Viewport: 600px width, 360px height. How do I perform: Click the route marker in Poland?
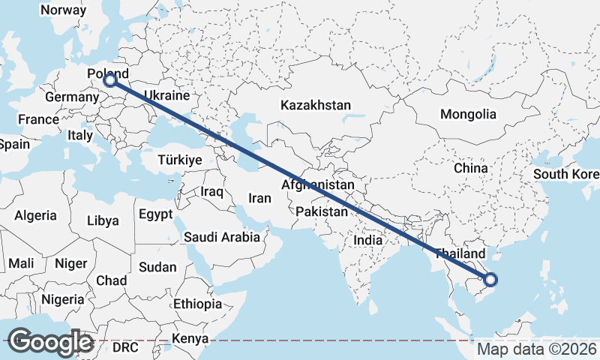pos(110,80)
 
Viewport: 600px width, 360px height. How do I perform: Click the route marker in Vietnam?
pos(490,280)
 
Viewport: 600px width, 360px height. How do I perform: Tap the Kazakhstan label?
pos(316,106)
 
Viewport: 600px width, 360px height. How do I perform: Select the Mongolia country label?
pos(468,114)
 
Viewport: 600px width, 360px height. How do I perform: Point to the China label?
pos(471,168)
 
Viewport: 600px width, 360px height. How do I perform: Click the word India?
pos(368,240)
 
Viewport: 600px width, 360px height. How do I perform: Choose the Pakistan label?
pos(322,212)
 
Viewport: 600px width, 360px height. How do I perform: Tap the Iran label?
pos(259,199)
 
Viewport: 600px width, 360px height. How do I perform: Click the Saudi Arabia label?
pos(222,237)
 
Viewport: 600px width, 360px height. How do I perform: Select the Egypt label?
pos(155,214)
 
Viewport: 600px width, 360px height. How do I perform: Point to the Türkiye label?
pos(180,160)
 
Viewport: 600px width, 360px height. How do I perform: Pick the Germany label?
pos(67,97)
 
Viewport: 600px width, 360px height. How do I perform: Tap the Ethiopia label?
pos(197,304)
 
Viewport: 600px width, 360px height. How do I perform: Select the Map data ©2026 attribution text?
pos(537,349)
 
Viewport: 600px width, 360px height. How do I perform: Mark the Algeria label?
pos(35,216)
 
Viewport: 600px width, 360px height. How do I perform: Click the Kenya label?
pos(189,339)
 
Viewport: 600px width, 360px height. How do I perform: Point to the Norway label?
pos(64,10)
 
